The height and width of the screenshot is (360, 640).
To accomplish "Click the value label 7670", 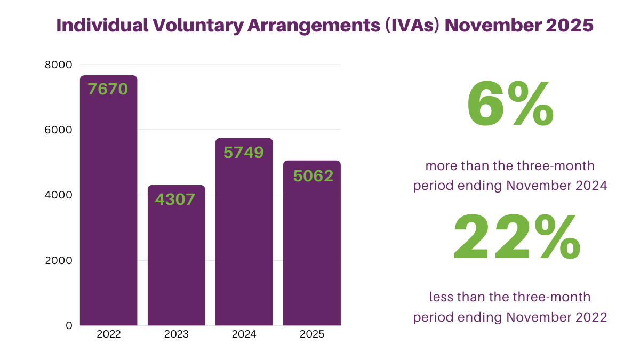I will click(108, 89).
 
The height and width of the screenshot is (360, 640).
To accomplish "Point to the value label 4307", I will click(176, 199).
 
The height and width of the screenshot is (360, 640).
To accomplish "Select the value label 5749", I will click(244, 153).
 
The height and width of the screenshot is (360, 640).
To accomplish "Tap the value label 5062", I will click(313, 175).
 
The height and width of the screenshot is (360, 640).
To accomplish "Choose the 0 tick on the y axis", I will click(69, 325).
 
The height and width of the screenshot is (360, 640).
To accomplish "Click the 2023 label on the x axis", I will click(176, 335).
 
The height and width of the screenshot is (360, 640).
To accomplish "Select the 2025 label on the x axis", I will click(311, 335).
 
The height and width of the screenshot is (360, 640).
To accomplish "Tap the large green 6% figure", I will click(510, 105).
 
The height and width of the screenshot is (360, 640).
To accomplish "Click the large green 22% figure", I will click(516, 237).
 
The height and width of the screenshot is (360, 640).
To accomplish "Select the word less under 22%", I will click(441, 297).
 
